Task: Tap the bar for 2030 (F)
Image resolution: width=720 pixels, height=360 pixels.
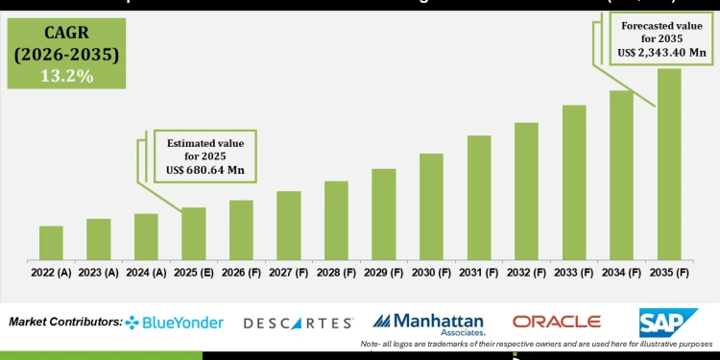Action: (x=431, y=205)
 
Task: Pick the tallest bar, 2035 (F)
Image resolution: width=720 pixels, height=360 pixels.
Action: (x=669, y=163)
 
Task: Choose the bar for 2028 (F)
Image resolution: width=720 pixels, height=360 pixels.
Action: (x=336, y=220)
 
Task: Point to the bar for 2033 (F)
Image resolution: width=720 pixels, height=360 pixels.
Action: (x=574, y=181)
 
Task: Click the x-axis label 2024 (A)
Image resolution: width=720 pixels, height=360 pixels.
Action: (x=146, y=272)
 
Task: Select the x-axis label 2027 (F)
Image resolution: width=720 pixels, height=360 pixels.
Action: (x=289, y=272)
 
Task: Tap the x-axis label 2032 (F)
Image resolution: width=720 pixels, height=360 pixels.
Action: (x=526, y=272)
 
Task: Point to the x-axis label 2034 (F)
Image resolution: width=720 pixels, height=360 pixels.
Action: (x=621, y=272)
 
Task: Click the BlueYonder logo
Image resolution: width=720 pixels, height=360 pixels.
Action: (x=175, y=323)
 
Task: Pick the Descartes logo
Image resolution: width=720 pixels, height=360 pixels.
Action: (x=298, y=324)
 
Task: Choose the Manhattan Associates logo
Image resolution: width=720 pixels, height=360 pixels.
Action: (x=428, y=324)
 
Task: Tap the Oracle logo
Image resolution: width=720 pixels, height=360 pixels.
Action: (x=556, y=322)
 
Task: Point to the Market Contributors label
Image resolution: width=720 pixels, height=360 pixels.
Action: (x=64, y=322)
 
